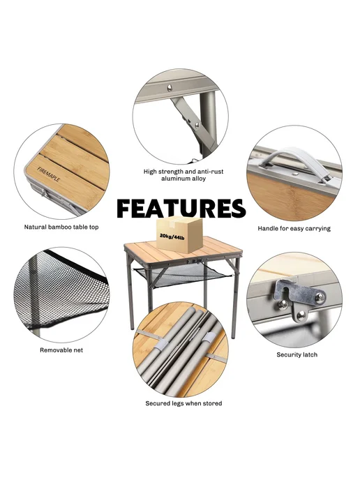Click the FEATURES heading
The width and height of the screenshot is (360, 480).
181,209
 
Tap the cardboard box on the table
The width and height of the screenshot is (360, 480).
179,234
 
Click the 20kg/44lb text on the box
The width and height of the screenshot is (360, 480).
172,237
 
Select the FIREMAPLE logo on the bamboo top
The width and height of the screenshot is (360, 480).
48,174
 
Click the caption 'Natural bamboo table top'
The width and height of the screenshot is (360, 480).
61,227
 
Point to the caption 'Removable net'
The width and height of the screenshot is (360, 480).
61,350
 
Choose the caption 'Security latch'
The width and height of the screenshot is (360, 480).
297,354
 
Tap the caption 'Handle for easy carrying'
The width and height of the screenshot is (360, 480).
294,228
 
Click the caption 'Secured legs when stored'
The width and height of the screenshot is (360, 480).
183,403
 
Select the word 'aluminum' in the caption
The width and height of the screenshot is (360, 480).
175,179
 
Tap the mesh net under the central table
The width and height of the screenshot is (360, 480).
183,274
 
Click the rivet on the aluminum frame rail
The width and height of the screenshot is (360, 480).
170,88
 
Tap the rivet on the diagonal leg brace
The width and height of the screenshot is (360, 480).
197,125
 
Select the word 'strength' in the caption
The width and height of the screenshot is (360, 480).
172,172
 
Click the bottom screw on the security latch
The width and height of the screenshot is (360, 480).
301,315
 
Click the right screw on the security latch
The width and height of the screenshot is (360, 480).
320,297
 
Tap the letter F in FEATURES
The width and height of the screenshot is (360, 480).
124,209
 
